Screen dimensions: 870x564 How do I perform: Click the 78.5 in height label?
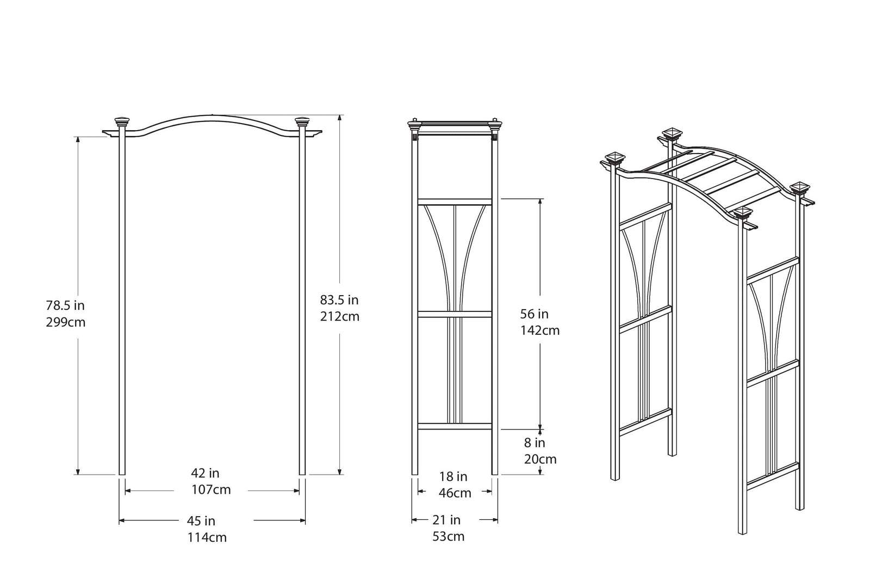click(x=65, y=305)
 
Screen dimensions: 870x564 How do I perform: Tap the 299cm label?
click(x=66, y=322)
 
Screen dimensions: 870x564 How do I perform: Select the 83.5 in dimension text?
click(x=339, y=299)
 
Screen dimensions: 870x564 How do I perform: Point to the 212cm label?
click(x=340, y=316)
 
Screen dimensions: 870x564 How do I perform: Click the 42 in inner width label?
click(x=205, y=473)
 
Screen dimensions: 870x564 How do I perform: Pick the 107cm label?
click(x=211, y=490)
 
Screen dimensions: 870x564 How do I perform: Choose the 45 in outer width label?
click(x=201, y=521)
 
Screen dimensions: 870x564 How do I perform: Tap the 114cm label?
click(x=207, y=538)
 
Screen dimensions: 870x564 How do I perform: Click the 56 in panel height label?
click(x=535, y=314)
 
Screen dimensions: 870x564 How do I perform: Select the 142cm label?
click(x=540, y=330)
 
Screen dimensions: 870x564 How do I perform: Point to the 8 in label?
click(x=535, y=443)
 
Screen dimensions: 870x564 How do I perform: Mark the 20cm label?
click(x=540, y=459)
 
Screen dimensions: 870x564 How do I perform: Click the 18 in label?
click(x=453, y=477)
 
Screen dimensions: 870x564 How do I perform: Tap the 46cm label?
click(x=455, y=493)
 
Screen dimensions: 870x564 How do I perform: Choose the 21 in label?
click(x=446, y=520)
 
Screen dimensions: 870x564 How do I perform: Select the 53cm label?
click(x=449, y=537)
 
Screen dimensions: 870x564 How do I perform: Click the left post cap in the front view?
click(x=122, y=122)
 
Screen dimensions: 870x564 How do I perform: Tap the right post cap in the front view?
click(x=302, y=122)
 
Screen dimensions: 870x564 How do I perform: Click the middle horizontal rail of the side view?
click(x=455, y=314)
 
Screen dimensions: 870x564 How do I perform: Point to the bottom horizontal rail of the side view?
click(x=455, y=426)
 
